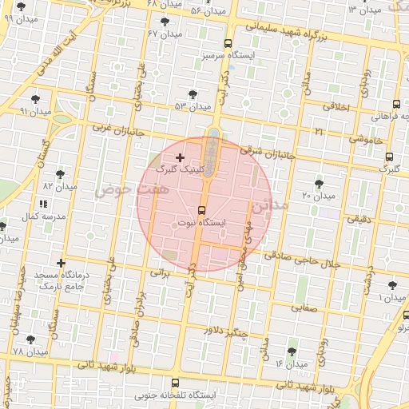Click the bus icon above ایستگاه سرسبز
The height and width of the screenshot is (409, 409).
click(x=228, y=44)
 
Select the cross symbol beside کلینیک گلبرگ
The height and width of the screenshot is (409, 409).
click(x=179, y=158)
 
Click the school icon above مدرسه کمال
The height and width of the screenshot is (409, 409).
click(x=42, y=204)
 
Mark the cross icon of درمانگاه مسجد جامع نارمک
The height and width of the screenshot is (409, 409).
click(x=61, y=263)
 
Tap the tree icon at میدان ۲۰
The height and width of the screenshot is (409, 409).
click(x=320, y=184)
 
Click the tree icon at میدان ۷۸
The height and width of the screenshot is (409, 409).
click(x=30, y=340)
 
